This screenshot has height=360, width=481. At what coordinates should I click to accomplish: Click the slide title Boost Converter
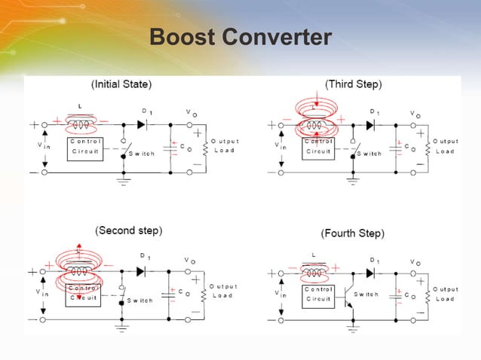(x=240, y=37)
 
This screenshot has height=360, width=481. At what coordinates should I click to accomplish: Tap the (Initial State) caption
(x=121, y=83)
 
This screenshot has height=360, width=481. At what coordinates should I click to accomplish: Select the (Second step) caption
(x=128, y=230)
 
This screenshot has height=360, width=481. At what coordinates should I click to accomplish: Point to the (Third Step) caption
(x=353, y=83)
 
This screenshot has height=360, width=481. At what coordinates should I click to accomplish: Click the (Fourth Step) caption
(x=353, y=233)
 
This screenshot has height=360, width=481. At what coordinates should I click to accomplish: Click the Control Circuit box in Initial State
(x=84, y=146)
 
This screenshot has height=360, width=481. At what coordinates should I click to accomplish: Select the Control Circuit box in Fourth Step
(x=318, y=294)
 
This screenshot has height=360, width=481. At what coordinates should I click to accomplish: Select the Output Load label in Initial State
(x=224, y=145)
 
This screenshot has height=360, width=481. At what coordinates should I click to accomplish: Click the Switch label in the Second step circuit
(x=139, y=300)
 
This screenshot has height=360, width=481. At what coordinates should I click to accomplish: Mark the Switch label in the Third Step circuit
(x=369, y=153)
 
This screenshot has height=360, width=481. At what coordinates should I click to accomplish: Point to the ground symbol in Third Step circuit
(x=351, y=181)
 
